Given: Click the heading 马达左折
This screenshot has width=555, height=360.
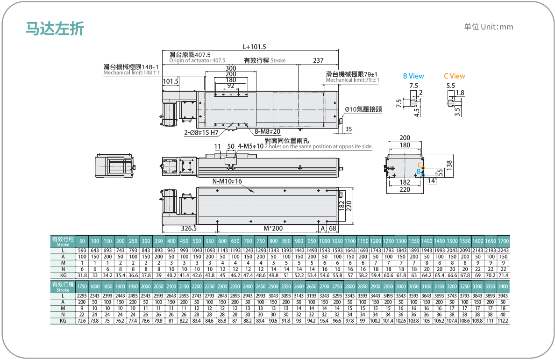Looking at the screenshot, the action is [x=55, y=29].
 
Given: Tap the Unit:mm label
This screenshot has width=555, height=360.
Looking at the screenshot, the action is [x=497, y=27].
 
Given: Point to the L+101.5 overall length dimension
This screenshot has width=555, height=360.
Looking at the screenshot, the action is [x=254, y=47].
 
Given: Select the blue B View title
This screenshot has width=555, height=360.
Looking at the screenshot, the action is [x=413, y=76].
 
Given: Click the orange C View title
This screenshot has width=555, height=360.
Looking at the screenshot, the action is [x=455, y=76].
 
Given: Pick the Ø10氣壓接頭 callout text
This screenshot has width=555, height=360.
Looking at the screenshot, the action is [x=363, y=109].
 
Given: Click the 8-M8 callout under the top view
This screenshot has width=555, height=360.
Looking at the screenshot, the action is [x=267, y=132].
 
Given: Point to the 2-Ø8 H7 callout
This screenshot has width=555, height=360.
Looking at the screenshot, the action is [x=201, y=133].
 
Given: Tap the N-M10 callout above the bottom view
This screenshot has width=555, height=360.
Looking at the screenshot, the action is [x=227, y=181].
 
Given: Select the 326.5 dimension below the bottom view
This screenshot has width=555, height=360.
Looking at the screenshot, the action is [x=189, y=229].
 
